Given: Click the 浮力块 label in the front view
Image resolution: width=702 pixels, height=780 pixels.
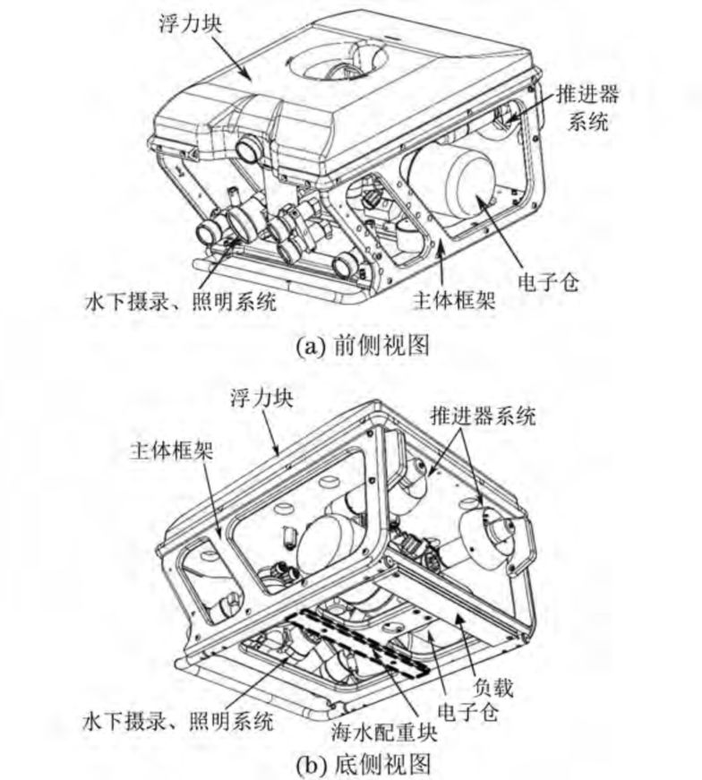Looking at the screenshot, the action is [190, 23].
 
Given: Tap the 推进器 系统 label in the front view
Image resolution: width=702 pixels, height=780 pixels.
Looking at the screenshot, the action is [587, 107].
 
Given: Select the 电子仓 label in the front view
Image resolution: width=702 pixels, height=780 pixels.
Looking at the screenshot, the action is [549, 283].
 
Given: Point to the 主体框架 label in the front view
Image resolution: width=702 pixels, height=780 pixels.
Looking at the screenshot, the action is [454, 301].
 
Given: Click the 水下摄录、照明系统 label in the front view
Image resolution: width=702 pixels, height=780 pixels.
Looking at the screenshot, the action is [181, 301].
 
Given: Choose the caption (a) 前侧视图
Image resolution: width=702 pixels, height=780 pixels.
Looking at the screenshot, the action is [363, 346].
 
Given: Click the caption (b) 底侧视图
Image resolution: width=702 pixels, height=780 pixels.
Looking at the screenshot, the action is [363, 765].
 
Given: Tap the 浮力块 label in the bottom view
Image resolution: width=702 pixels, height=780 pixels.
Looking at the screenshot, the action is [261, 398].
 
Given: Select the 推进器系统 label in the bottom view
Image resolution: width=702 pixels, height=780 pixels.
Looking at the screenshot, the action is [484, 416].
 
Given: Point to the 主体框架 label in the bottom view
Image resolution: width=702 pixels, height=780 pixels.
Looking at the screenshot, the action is [172, 450].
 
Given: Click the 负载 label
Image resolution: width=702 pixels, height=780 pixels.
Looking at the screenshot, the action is [492, 688].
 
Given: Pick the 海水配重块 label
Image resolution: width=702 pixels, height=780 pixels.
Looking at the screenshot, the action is [384, 733].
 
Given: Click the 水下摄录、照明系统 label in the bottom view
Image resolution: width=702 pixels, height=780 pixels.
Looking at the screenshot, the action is [178, 721].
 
